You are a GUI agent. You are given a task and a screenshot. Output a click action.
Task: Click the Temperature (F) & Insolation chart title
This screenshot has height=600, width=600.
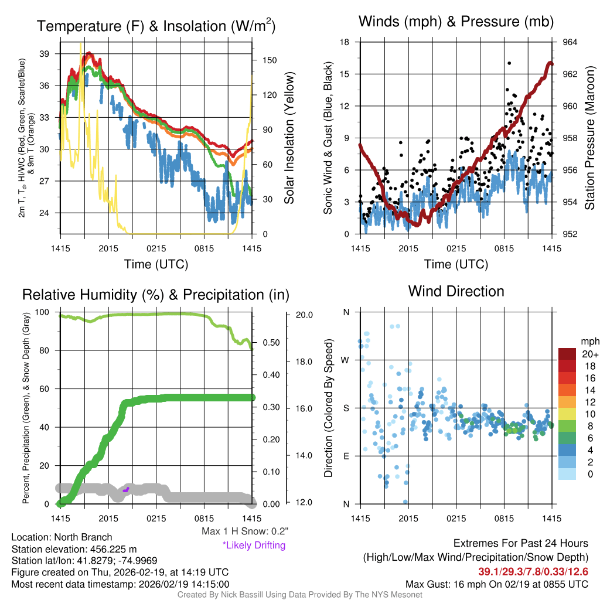point(156,26)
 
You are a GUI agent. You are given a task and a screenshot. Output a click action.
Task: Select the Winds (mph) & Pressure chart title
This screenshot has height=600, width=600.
point(456,22)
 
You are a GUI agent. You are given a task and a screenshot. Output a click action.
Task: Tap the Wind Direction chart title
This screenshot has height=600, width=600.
point(456,291)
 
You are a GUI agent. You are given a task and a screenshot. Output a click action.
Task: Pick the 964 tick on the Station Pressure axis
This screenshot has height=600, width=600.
point(570,42)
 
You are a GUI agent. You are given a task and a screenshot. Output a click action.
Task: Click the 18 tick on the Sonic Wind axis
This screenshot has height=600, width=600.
point(345,42)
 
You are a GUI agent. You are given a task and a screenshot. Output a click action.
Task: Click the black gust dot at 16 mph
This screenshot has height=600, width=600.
point(509,63)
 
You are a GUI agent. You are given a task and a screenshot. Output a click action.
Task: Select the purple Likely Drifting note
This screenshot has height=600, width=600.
point(254,546)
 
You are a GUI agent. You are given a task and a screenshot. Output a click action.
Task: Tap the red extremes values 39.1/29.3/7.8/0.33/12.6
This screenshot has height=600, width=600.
point(534,571)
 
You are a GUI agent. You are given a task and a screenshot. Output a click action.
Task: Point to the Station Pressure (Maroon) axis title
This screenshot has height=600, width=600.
point(590,138)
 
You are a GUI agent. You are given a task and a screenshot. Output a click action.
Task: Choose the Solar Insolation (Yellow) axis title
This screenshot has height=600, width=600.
point(289,138)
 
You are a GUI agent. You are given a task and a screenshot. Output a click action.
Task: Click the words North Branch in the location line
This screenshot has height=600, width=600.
point(83,537)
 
